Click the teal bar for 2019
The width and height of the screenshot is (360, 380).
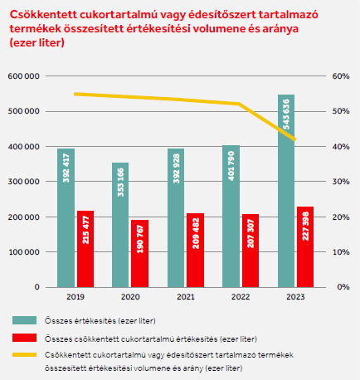click(66, 218)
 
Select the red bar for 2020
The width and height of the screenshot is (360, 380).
click(139, 254)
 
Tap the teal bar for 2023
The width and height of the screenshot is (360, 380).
click(286, 191)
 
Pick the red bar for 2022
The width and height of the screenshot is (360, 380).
click(251, 251)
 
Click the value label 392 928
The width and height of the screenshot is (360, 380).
click(176, 168)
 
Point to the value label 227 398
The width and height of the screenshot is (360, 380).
click(305, 226)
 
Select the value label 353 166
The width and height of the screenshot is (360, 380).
click(120, 183)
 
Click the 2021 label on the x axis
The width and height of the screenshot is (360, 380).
click(186, 297)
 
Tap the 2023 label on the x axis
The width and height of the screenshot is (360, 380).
click(295, 297)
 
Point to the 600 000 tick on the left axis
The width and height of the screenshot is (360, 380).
click(23, 76)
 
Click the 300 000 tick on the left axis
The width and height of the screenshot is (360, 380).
click(24, 182)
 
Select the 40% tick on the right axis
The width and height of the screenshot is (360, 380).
click(341, 147)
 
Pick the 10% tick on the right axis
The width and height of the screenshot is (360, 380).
click(341, 252)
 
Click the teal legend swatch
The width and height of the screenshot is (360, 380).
click(24, 320)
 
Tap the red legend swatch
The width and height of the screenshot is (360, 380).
click(24, 338)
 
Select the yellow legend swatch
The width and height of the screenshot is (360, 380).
click(24, 355)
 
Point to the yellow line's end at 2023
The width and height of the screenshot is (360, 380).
click(295, 139)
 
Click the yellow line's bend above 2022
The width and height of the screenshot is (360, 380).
click(239, 104)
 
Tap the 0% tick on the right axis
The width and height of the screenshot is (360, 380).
click(343, 287)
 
